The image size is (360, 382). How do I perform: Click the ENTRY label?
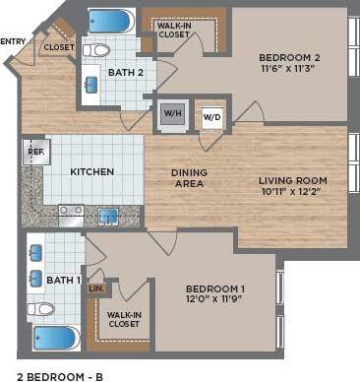[x=14, y=41]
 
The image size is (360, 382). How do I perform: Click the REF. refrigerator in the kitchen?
[x=34, y=153]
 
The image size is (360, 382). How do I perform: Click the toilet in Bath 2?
[x=96, y=49]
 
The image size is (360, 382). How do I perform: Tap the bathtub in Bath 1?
[x=54, y=338]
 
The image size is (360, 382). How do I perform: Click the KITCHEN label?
[x=91, y=171]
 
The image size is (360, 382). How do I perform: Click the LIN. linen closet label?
[x=96, y=287]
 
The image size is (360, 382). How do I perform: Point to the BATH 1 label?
[x=65, y=281]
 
